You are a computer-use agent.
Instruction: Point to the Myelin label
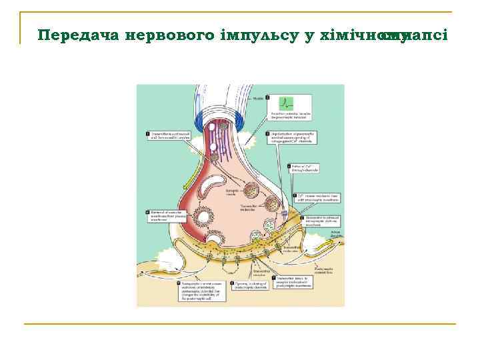(259, 98)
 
